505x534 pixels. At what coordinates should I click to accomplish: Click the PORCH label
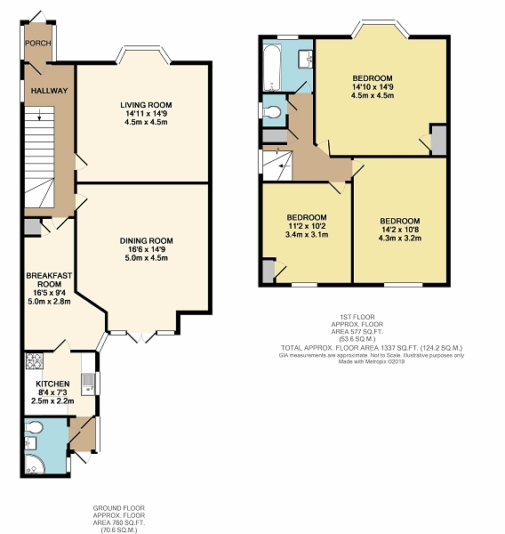38,43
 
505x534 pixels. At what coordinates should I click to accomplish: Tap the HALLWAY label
49,91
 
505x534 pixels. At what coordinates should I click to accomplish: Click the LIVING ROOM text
146,105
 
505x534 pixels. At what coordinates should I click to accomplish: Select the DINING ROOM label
147,241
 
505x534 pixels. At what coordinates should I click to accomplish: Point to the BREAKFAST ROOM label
49,279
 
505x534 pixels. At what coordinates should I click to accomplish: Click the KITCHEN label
52,384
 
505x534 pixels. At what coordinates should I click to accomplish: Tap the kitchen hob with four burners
35,361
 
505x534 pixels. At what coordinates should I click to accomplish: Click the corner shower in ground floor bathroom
34,463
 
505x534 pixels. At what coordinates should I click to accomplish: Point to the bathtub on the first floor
272,68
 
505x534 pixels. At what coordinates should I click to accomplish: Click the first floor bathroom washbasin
306,60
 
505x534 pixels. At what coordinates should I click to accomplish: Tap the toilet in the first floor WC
271,112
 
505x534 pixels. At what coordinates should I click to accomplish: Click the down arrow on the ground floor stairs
39,115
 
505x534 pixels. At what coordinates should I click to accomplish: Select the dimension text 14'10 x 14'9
373,87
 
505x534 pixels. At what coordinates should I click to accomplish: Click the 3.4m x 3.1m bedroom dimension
307,234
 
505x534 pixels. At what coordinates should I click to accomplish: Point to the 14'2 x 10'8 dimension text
400,230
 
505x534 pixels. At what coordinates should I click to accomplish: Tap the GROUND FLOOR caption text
119,508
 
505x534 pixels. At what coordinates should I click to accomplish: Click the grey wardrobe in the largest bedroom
439,140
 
